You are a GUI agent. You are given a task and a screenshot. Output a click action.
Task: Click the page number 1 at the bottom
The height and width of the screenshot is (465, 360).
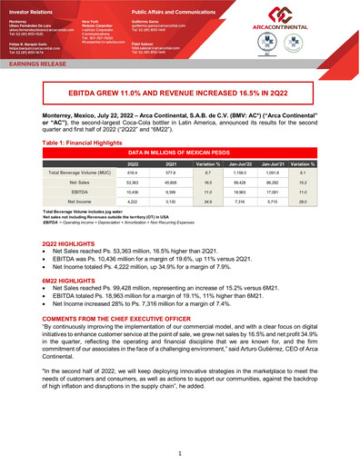181,451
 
